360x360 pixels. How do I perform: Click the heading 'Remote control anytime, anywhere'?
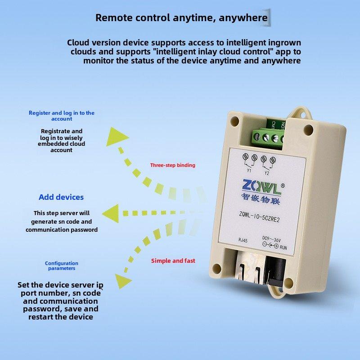click(x=181, y=18)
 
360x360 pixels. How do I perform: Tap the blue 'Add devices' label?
click(x=61, y=197)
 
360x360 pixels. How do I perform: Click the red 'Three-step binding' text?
click(x=173, y=165)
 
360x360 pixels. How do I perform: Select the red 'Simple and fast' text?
click(x=173, y=261)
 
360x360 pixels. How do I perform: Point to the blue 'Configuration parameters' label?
click(x=62, y=265)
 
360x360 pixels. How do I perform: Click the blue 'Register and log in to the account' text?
click(x=62, y=116)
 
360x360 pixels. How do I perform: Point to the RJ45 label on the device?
click(x=243, y=240)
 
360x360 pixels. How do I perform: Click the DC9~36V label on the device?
click(x=271, y=239)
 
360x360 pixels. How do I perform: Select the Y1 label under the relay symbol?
click(x=249, y=171)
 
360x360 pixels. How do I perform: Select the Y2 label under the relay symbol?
click(x=266, y=173)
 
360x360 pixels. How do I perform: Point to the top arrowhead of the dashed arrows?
click(x=117, y=137)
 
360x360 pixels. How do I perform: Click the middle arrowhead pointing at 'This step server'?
click(x=111, y=213)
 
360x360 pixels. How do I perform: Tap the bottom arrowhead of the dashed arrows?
click(x=123, y=281)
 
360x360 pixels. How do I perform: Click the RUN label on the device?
click(x=283, y=248)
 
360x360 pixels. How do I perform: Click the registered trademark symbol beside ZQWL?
click(x=283, y=186)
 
